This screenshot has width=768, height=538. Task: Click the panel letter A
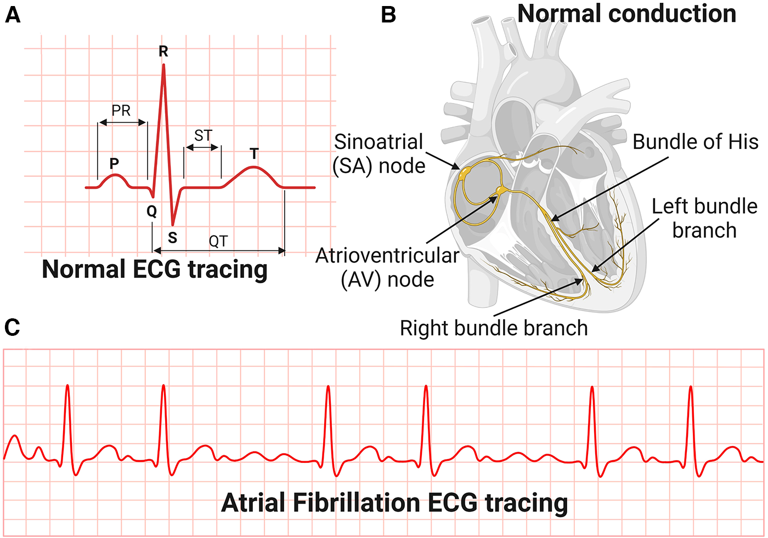pos(13,15)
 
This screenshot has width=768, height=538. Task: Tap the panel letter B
pos(388,15)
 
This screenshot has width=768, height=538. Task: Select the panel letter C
pos(12,328)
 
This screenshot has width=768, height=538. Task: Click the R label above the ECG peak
pos(163,51)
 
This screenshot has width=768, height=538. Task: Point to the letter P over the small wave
pos(114,163)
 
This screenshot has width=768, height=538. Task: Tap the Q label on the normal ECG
pos(151,211)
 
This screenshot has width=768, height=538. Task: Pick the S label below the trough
pos(173,238)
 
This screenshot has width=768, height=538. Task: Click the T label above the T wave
pos(254,154)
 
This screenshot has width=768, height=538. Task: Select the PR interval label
pos(121,111)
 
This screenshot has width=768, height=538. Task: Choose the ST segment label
pos(203,135)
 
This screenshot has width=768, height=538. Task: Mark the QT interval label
pos(218,241)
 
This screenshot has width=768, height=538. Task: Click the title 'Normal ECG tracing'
pos(155,270)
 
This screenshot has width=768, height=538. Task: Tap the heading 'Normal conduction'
pos(626,14)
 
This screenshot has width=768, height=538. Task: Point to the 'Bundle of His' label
pos(695,142)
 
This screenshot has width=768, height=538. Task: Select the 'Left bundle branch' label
pos(704,218)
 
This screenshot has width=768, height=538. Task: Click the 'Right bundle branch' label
pos(494,328)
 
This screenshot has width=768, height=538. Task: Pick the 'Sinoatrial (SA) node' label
pos(379,153)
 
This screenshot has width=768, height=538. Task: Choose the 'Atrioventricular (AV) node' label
pos(387,267)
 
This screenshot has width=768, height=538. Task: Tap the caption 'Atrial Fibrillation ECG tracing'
pos(394,503)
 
